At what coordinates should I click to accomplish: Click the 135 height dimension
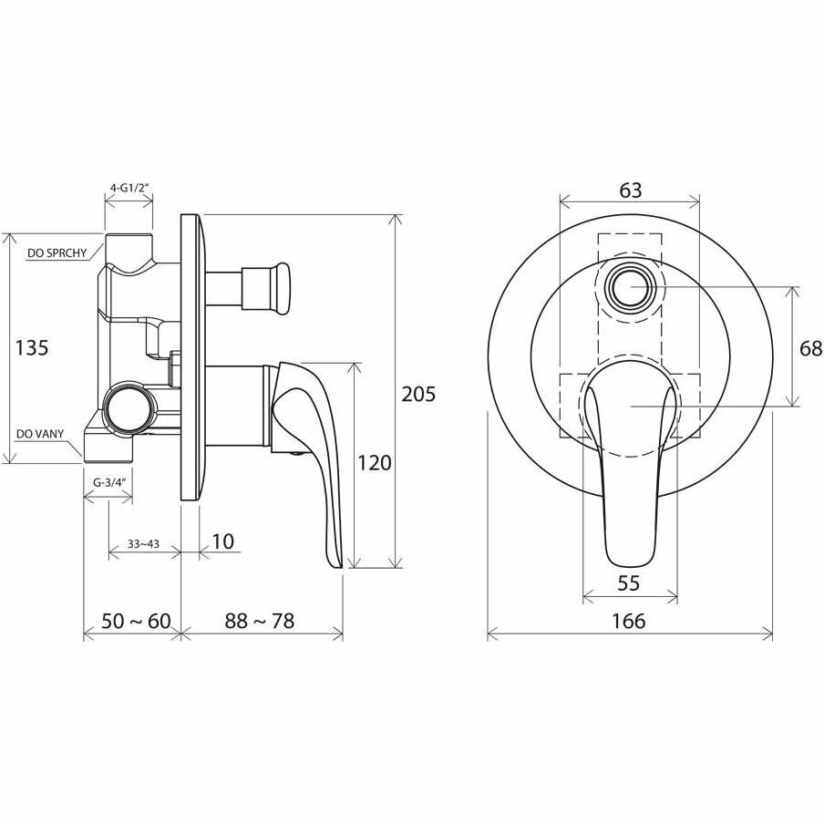click(32, 347)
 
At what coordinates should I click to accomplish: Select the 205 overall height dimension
click(418, 394)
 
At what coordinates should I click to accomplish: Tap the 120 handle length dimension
click(374, 463)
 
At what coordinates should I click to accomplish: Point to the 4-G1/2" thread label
click(129, 188)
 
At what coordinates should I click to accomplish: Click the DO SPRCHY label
click(57, 253)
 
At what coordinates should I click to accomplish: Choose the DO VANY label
click(40, 434)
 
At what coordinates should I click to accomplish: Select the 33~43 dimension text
click(143, 544)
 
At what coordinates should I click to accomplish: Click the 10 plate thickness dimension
click(222, 541)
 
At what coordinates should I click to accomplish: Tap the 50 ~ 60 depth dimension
click(136, 621)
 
